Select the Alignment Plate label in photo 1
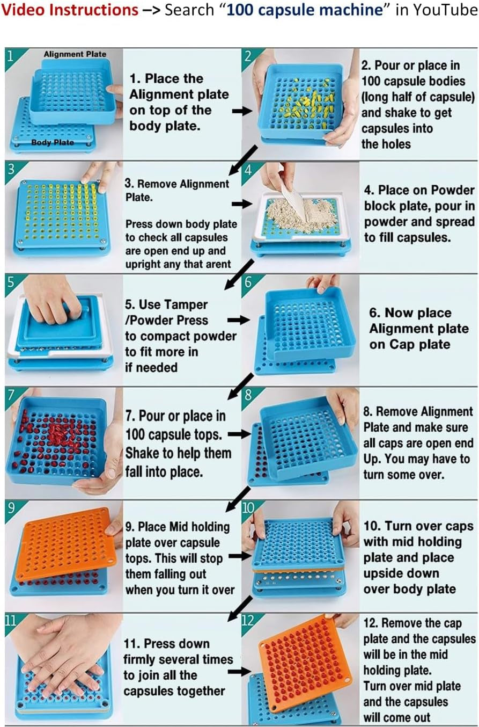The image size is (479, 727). click(75, 54)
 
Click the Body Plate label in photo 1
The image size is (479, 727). click(53, 142)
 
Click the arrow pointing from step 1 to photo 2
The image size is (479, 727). click(242, 111)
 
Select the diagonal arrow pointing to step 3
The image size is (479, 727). click(243, 159)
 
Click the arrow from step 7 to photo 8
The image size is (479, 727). click(239, 434)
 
